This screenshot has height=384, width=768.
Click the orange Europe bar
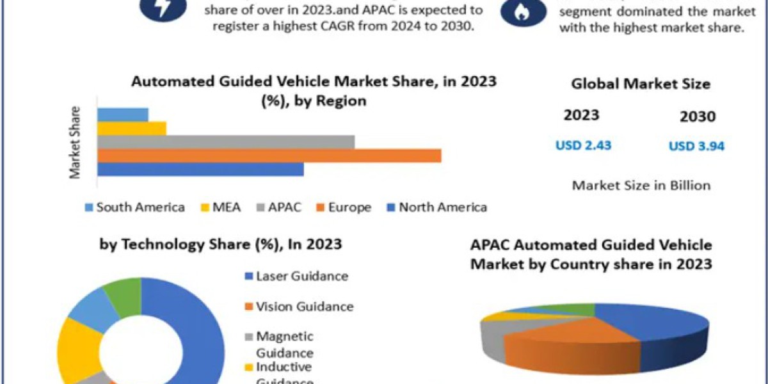pos(269,156)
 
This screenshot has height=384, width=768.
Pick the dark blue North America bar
pos(200,169)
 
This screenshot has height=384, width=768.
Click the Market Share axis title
pos(76,142)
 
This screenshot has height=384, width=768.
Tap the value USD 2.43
pos(583,145)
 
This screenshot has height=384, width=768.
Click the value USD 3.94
pos(696,147)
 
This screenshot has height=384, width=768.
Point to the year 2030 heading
pos(698,117)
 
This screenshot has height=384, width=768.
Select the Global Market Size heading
pos(641,84)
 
